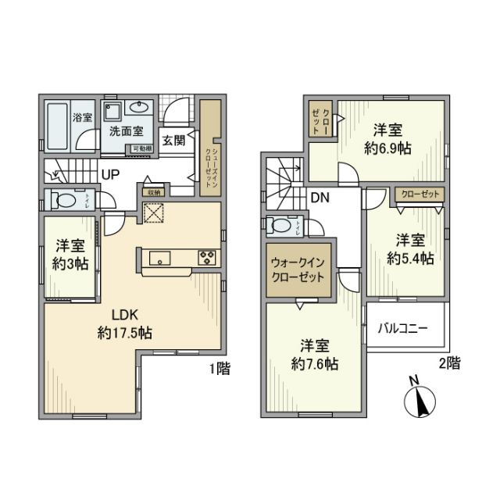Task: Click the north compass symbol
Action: (420, 401)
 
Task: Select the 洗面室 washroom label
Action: (124, 134)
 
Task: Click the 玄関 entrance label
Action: (174, 141)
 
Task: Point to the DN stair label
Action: (320, 198)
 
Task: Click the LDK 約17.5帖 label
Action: (124, 323)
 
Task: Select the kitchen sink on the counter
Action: (159, 257)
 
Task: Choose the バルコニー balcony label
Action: (403, 330)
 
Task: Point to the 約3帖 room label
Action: (69, 254)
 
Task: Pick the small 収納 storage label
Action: (153, 191)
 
